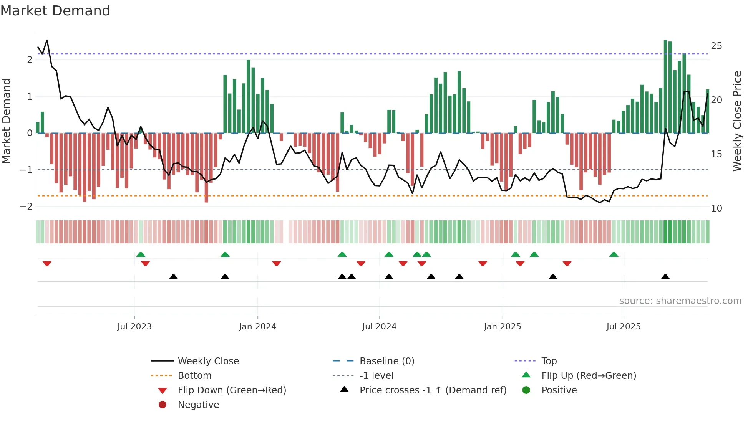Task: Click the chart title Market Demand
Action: point(55,11)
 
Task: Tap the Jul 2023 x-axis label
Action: point(134,327)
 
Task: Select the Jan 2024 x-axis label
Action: point(257,327)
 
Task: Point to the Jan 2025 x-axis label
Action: point(502,327)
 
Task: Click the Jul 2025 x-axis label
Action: point(624,327)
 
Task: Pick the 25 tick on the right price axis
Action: point(716,46)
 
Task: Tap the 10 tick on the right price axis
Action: point(716,208)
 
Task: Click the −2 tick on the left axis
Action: point(26,207)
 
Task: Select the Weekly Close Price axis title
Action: point(737,121)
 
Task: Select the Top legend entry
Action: point(549,361)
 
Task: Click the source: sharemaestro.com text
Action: point(680,301)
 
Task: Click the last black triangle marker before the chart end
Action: point(665,277)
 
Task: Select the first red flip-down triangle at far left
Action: point(47,263)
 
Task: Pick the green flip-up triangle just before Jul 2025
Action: point(614,254)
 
